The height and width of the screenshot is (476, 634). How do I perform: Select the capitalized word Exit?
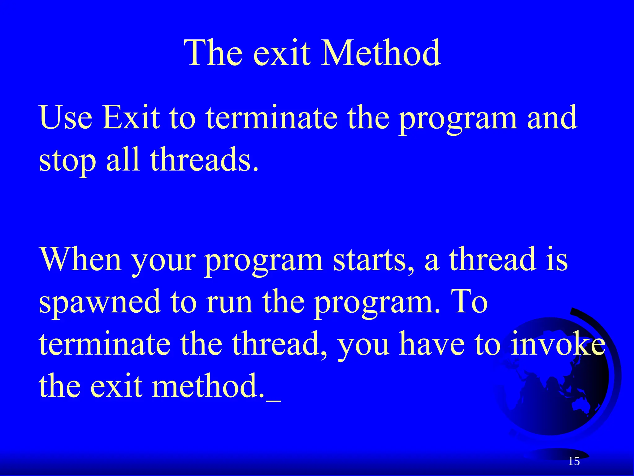[x=131, y=118]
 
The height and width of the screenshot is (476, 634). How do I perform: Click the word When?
[x=81, y=260]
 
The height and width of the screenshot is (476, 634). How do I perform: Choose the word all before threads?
[x=123, y=160]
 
